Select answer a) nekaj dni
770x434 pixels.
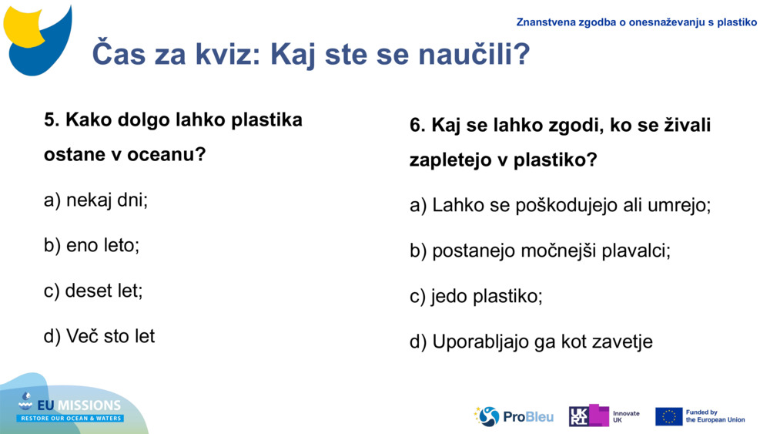pyautogui.click(x=95, y=200)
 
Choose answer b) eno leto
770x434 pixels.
pyautogui.click(x=92, y=246)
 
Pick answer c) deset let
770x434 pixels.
pyautogui.click(x=93, y=291)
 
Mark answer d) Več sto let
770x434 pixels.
pyautogui.click(x=99, y=336)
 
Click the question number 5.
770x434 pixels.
pyautogui.click(x=52, y=120)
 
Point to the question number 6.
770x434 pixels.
pyautogui.click(x=417, y=126)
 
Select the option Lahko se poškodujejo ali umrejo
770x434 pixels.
pyautogui.click(x=560, y=206)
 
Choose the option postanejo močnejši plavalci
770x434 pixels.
pyautogui.click(x=540, y=251)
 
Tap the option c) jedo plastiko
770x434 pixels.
pyautogui.click(x=476, y=296)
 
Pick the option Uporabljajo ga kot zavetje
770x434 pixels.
pyautogui.click(x=531, y=341)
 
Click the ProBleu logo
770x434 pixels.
pyautogui.click(x=514, y=416)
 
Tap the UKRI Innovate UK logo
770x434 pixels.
pyautogui.click(x=604, y=416)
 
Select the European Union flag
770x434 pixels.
pyautogui.click(x=668, y=416)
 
